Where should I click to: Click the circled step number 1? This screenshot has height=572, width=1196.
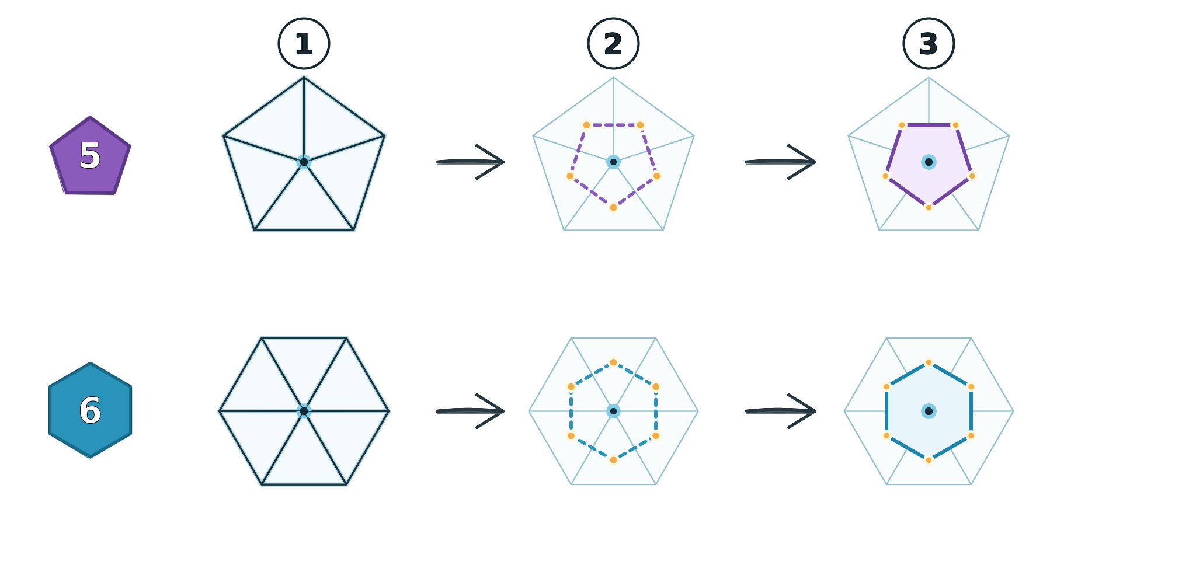(304, 44)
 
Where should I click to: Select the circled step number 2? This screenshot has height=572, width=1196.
(613, 44)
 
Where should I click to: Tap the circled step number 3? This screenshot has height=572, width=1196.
(929, 44)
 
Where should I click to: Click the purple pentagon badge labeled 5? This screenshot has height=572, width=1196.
(90, 156)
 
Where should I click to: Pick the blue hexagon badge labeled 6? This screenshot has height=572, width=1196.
(90, 410)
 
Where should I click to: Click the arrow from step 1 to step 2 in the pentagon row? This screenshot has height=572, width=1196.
(470, 162)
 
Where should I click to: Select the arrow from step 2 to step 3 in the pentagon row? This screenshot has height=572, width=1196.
(781, 162)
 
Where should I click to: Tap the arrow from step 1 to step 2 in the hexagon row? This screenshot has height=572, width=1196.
(470, 411)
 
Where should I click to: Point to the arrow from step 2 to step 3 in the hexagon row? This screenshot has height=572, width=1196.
(781, 411)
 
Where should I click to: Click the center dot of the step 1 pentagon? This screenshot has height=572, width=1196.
(304, 162)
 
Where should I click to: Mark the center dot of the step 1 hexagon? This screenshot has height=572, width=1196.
(304, 411)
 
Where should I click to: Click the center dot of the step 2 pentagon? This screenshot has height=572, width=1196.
(613, 162)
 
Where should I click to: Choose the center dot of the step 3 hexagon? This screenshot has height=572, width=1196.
(929, 411)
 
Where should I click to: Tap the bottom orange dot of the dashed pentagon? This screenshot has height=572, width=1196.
(613, 207)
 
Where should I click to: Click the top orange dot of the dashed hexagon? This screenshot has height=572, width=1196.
(613, 362)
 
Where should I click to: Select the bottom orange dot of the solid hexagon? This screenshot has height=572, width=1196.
(929, 460)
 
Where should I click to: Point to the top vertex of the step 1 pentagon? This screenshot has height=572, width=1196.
(304, 78)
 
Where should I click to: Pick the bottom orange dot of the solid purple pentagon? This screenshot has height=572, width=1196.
(929, 207)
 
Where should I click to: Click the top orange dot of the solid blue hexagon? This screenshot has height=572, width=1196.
(929, 362)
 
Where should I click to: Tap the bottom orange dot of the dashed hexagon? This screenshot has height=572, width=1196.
(613, 460)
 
